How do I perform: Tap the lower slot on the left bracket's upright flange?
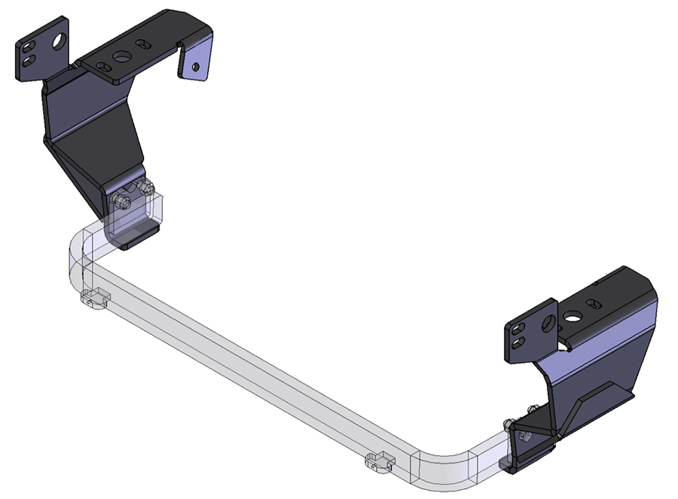point(28,60)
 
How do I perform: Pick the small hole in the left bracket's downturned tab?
point(196,67)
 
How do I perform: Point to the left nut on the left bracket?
point(122,202)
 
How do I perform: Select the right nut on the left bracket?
point(145,187)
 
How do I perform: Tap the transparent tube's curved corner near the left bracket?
point(75,248)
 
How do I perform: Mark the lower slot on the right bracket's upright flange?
point(518,342)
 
